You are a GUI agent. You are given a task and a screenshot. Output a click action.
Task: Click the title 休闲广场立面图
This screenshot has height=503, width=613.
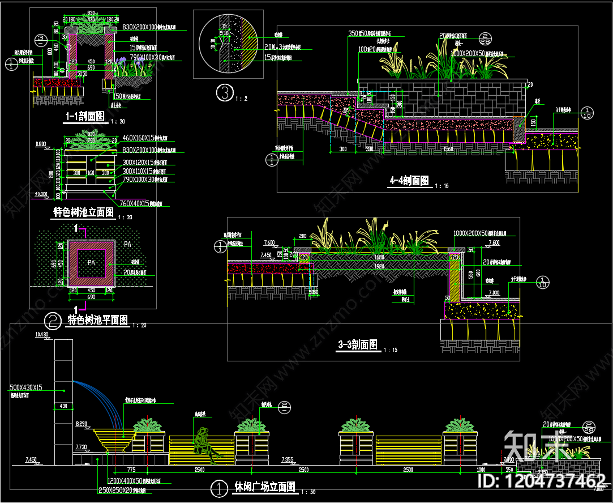pos(264,487)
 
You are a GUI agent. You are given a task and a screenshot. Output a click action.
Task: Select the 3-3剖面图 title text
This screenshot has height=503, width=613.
pos(358,344)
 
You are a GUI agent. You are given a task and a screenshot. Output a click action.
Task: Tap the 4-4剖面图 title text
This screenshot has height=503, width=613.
pos(409,181)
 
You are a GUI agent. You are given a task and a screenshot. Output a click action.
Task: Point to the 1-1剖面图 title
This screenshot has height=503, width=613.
pos(84,117)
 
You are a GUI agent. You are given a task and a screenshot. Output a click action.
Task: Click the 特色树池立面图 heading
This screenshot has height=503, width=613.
pos(83,212)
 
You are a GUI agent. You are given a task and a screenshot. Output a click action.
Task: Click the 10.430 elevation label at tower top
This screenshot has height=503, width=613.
pos(41,335)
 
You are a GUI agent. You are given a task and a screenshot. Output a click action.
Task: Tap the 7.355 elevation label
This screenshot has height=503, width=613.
pos(288,459)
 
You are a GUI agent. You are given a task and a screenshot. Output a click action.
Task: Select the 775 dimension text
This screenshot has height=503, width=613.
pos(131,470)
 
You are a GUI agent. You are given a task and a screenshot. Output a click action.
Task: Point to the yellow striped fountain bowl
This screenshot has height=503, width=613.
pos(114,439)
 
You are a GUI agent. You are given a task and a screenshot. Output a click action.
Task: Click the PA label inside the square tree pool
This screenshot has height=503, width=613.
pos(91,263)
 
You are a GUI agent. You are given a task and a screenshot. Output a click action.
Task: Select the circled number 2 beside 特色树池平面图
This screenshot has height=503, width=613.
pos(53,322)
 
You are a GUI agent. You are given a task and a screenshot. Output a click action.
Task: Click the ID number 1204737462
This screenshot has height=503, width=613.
pos(542,481)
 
